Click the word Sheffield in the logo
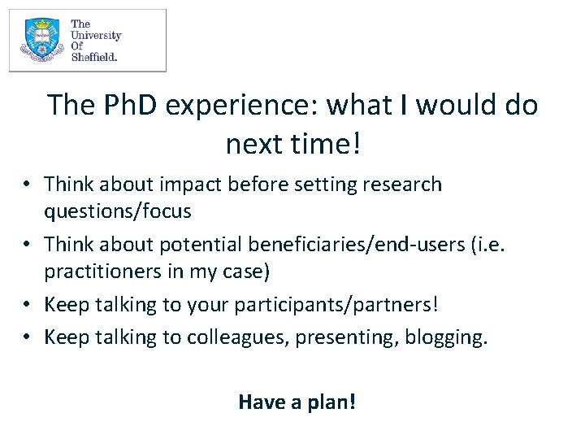click(94, 57)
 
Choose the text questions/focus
click(118, 211)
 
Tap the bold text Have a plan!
click(297, 402)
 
